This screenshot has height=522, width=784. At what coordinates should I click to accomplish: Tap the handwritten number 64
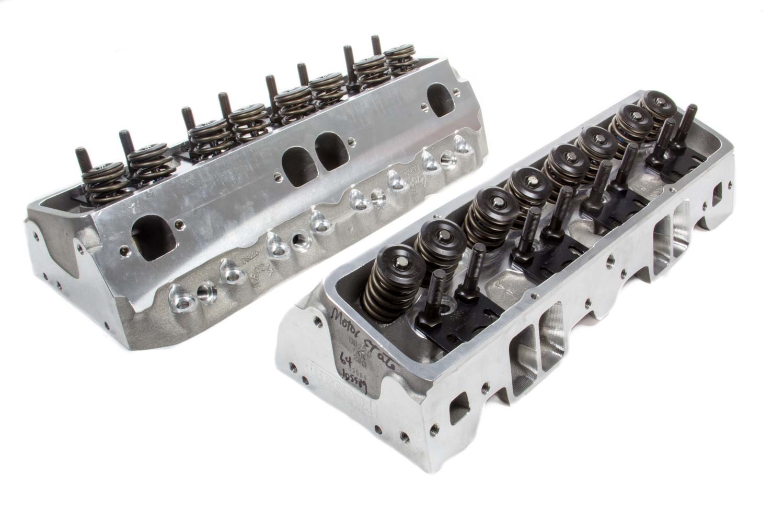point(343,360)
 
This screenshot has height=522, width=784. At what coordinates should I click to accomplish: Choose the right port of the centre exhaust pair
point(329,151)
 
